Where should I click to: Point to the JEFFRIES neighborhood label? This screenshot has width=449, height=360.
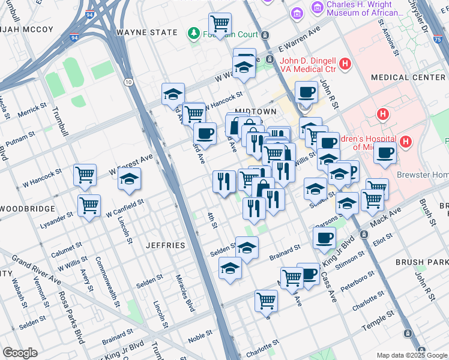pyautogui.click(x=165, y=245)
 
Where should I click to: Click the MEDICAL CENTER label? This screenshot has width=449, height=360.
pyautogui.click(x=408, y=77)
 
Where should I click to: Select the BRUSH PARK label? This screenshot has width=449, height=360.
pyautogui.click(x=422, y=262)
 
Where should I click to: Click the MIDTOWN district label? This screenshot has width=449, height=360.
pyautogui.click(x=255, y=112)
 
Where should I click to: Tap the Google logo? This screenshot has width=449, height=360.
pyautogui.click(x=20, y=353)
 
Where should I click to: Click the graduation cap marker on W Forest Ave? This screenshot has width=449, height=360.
pyautogui.click(x=129, y=179)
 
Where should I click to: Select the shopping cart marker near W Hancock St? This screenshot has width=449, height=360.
pyautogui.click(x=85, y=175)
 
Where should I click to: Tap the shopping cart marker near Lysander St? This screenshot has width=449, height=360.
pyautogui.click(x=89, y=205)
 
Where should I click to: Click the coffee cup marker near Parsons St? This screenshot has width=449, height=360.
pyautogui.click(x=324, y=237)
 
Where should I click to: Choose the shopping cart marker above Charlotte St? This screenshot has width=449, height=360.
pyautogui.click(x=266, y=300)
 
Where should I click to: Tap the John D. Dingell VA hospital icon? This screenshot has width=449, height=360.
pyautogui.click(x=345, y=63)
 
